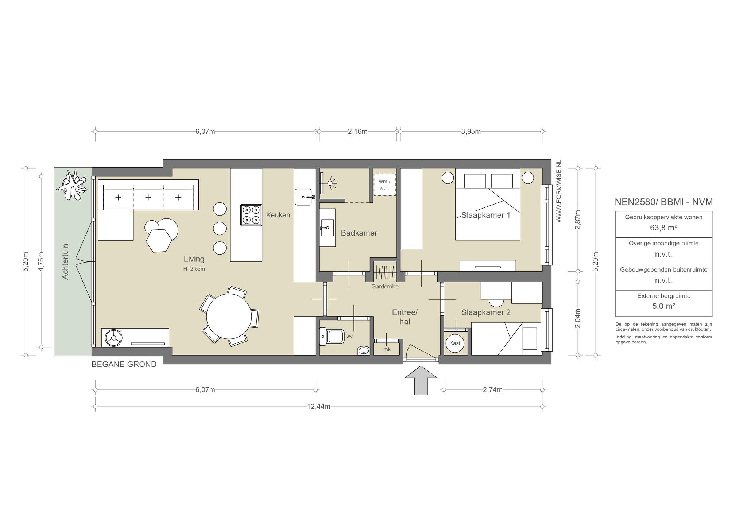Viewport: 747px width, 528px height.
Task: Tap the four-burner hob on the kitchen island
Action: coord(251,215)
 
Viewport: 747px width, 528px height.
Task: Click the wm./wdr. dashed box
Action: coord(384,185)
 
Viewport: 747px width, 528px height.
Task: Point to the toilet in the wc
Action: coord(332,336)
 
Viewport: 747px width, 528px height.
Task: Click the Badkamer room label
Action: coord(359,233)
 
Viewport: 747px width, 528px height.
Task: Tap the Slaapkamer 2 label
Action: coord(486,312)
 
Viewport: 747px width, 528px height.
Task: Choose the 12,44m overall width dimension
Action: coord(318,407)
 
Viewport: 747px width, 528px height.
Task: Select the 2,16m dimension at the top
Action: coord(357,132)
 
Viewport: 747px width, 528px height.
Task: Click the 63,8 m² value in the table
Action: coord(663,228)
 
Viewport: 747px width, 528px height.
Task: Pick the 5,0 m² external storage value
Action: coord(663,306)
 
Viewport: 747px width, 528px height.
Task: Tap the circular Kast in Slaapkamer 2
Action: coord(455,343)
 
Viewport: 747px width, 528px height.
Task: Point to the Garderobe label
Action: coord(385,287)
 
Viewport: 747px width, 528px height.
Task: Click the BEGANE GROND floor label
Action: coord(124,364)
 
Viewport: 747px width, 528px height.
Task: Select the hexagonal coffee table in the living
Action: coord(159,240)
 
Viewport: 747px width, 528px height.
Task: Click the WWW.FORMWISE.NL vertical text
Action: coord(558,191)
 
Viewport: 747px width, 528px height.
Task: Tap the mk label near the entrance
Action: coord(387,349)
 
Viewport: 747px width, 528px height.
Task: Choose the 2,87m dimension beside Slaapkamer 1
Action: coord(578,220)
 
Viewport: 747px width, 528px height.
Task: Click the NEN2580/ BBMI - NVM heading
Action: coord(663,202)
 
